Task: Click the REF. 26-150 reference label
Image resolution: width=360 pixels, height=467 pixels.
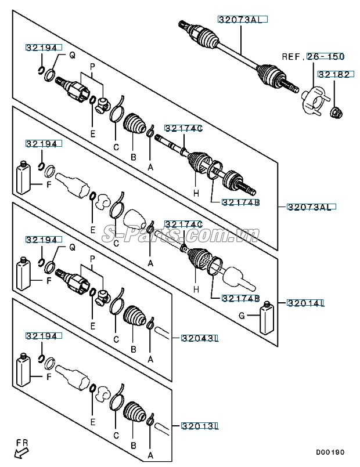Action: pos(313,57)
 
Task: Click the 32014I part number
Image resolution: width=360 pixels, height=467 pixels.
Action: pos(305,302)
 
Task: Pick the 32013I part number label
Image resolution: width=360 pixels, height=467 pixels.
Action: pos(199,426)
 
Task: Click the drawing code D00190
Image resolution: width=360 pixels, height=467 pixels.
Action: pos(330,451)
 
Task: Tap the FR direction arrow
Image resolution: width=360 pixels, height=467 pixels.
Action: pos(21,453)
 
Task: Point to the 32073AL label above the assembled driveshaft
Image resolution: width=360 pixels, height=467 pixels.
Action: pos(242,19)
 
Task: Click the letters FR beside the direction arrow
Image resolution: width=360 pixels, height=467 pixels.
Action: pos(21,443)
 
